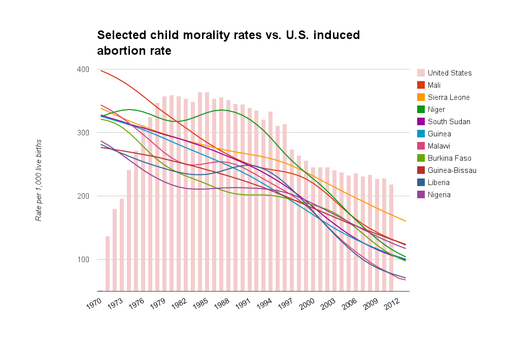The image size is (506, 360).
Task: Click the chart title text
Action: tap(228, 43)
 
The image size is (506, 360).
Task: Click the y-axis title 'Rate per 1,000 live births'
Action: tap(39, 180)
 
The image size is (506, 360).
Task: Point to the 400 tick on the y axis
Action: tap(83, 69)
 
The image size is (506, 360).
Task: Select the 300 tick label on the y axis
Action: tap(83, 133)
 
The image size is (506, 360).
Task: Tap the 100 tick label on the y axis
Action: tap(83, 260)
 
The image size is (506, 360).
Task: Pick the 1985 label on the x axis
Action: tap(200, 306)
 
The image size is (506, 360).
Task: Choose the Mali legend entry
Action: tap(434, 85)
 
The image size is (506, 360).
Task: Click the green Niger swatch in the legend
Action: tap(421, 110)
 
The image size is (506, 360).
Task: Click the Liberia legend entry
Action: tap(438, 183)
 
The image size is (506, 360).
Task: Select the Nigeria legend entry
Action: tap(438, 195)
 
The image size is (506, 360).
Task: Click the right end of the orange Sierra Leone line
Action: tap(406, 221)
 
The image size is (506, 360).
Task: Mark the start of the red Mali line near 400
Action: tap(102, 71)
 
